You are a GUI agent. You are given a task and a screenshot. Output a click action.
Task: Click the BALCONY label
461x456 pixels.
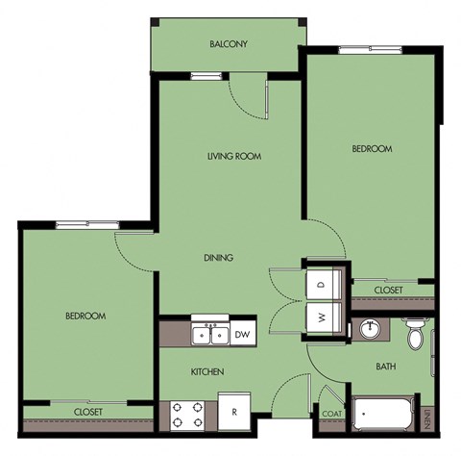point(229,44)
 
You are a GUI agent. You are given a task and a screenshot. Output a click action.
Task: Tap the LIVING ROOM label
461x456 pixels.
point(235,156)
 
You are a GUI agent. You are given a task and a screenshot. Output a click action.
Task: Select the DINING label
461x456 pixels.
point(219,257)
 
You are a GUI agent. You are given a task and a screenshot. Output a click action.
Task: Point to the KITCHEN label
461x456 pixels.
point(207,371)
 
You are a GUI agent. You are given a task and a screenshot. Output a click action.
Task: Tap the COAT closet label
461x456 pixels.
point(331,416)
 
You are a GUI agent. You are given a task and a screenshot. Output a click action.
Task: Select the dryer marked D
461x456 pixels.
point(321,284)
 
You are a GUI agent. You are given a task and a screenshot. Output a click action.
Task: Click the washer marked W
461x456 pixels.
point(321,316)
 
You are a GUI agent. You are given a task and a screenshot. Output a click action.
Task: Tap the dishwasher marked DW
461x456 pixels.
point(243,334)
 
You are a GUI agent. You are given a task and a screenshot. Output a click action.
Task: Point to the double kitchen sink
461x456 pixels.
point(209,334)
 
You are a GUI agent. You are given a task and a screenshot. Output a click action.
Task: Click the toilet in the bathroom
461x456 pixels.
point(416,336)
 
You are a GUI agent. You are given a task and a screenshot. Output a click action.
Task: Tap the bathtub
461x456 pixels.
point(383,415)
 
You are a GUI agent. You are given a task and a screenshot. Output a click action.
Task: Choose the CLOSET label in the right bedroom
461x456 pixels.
point(388,290)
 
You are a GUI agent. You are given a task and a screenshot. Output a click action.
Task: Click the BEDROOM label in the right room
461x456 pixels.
point(372,149)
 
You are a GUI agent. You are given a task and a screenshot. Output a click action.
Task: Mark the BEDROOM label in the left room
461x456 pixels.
point(85,316)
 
